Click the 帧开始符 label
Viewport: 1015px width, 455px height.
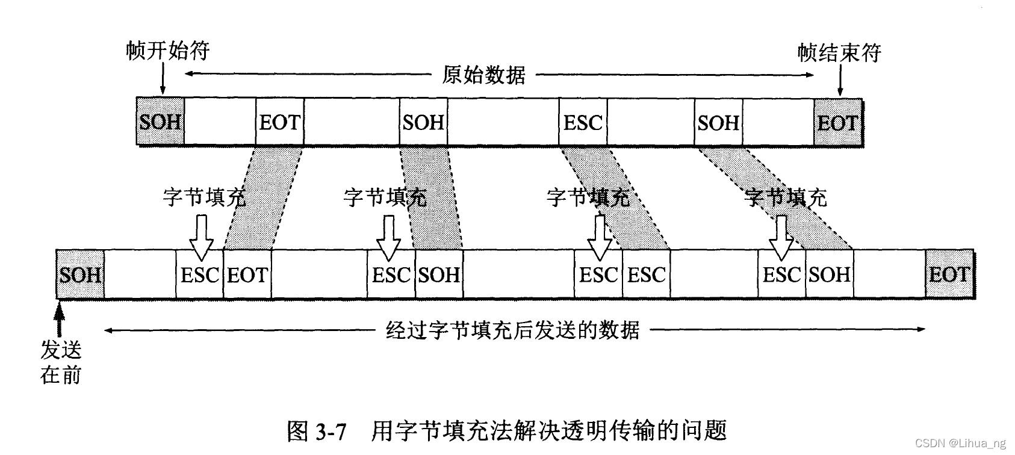pos(168,51)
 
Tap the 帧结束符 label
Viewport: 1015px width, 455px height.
pos(839,53)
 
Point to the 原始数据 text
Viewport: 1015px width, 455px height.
pos(483,75)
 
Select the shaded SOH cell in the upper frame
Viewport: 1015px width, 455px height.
pos(160,122)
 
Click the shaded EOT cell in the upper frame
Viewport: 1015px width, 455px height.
pos(837,123)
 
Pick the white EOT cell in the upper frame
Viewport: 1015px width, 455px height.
pos(279,122)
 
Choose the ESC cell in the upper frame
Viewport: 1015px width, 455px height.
pos(583,122)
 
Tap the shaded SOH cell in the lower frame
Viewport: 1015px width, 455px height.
pos(80,275)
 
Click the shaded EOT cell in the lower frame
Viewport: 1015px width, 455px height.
pos(949,275)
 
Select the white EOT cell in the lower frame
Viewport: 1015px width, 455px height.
pos(247,275)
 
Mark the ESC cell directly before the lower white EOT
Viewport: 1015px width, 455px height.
pos(199,275)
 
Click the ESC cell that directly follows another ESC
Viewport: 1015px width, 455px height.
pos(646,275)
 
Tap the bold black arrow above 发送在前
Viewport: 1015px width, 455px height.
pos(58,319)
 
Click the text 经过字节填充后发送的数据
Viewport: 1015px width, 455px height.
pos(512,330)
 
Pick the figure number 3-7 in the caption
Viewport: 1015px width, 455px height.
pos(331,431)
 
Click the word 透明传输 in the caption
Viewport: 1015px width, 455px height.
pos(612,431)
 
